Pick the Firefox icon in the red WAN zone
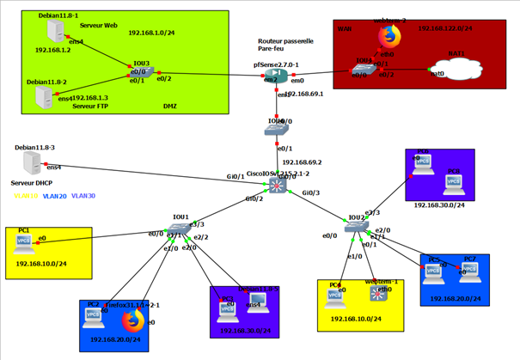point(390,37)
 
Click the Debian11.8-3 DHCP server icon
point(30,164)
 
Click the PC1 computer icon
point(24,244)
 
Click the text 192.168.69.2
point(300,162)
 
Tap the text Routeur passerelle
point(285,40)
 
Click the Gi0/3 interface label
point(310,192)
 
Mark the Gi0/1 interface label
point(236,177)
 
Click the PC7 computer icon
point(470,272)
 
